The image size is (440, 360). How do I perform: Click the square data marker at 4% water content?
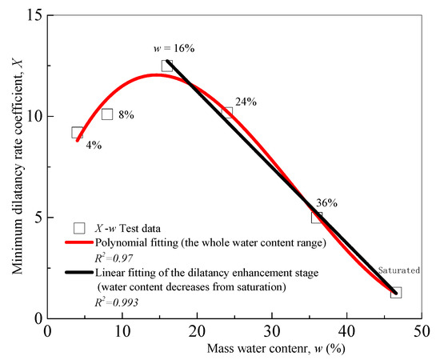(x=78, y=133)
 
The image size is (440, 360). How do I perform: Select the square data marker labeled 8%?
(x=107, y=114)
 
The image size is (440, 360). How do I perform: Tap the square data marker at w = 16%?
(x=167, y=66)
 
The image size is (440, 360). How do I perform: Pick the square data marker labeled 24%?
(x=227, y=113)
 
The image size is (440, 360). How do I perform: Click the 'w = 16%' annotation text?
(x=174, y=48)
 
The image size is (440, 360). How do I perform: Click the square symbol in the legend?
(x=78, y=226)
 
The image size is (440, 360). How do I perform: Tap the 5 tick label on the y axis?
(x=37, y=217)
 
